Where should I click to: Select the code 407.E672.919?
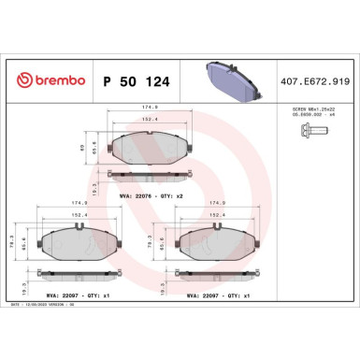(319, 81)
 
